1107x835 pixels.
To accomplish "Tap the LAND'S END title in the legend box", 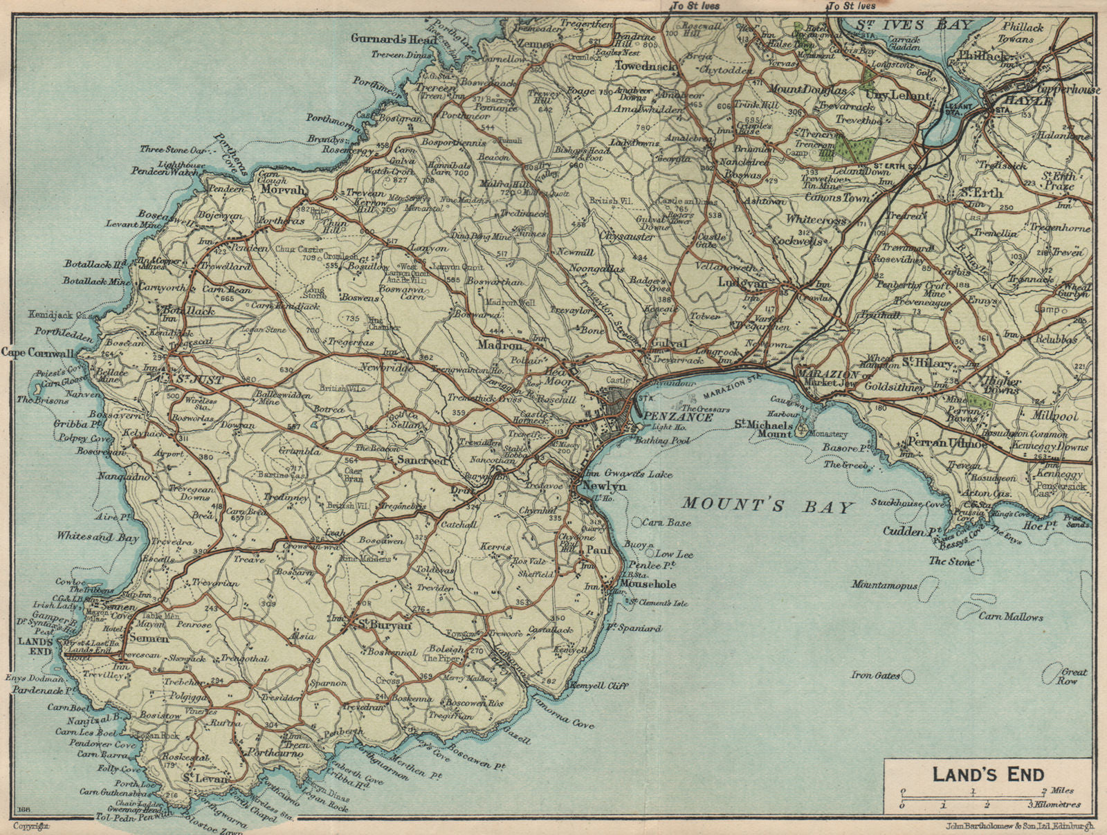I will [x=987, y=774].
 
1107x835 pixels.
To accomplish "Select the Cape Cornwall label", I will [x=37, y=353].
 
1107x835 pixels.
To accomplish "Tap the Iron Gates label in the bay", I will [x=875, y=675].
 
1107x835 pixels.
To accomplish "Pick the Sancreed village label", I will [x=421, y=459].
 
